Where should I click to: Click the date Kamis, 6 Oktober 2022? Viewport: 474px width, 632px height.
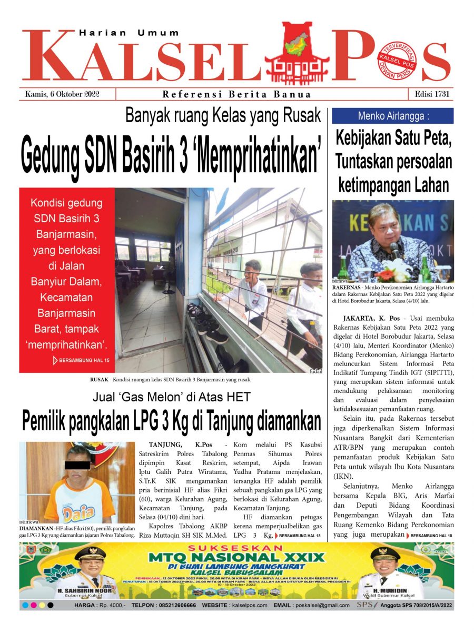[x=63, y=94]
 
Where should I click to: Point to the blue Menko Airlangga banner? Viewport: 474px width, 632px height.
[x=393, y=116]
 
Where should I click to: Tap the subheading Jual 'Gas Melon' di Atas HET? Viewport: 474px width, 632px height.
[x=172, y=397]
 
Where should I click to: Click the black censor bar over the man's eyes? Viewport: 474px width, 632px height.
[x=77, y=465]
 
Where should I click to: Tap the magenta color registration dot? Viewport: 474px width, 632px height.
[x=33, y=606]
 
